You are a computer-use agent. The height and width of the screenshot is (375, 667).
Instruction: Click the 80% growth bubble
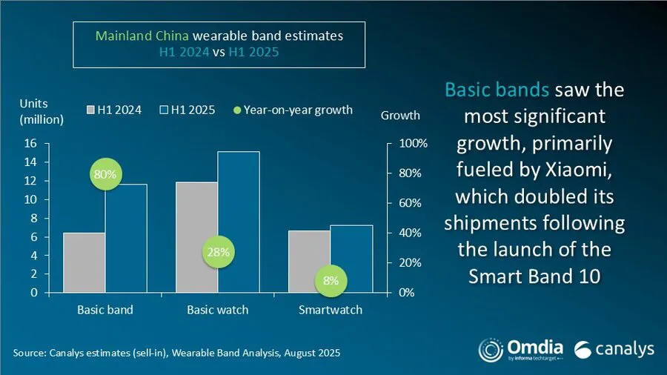pos(104,175)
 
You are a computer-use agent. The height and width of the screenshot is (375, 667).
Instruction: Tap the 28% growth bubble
pos(219,252)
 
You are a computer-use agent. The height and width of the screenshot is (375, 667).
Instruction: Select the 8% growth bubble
pos(331,281)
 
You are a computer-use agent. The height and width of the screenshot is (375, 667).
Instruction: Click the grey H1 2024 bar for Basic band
pos(84,263)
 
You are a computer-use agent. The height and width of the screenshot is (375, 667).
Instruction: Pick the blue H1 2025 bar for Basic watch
pos(239,222)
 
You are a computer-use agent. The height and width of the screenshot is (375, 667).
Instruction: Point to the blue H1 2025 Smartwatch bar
pos(351,259)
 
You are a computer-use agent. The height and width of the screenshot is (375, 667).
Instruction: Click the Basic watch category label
pos(218,309)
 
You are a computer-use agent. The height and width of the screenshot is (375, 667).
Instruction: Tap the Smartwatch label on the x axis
pos(331,309)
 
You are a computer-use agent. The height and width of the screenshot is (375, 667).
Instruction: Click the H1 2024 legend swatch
pos(92,110)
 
